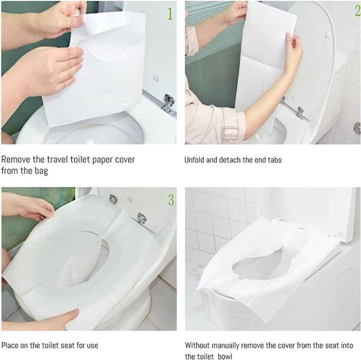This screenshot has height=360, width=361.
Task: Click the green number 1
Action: (169, 13)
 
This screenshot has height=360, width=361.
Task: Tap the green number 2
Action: (357, 10)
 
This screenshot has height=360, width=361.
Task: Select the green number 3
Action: (171, 200)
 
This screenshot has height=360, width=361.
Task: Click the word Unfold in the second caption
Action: (194, 160)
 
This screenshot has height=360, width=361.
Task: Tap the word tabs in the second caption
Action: (274, 160)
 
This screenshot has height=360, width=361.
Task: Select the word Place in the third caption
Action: (10, 345)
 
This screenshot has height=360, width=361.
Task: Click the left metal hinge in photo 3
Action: (113, 199)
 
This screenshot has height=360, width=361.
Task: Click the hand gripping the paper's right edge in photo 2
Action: (293, 50)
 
